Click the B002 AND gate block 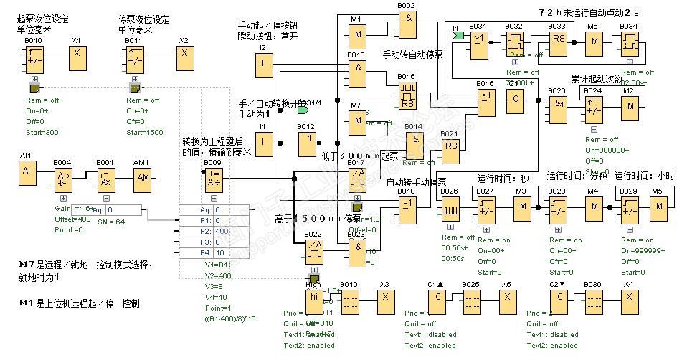(x=407, y=26)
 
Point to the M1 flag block (x=356, y=33)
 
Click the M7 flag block (x=356, y=123)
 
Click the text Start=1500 (x=145, y=132)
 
